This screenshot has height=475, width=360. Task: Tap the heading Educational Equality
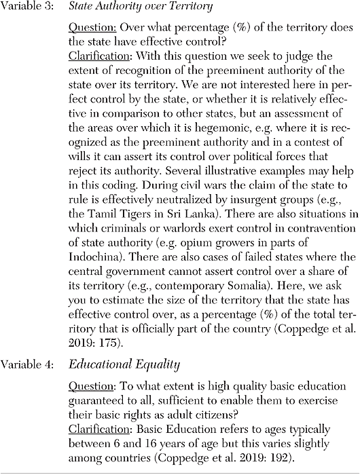pyautogui.click(x=124, y=364)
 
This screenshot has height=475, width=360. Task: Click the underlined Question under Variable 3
pyautogui.click(x=91, y=33)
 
